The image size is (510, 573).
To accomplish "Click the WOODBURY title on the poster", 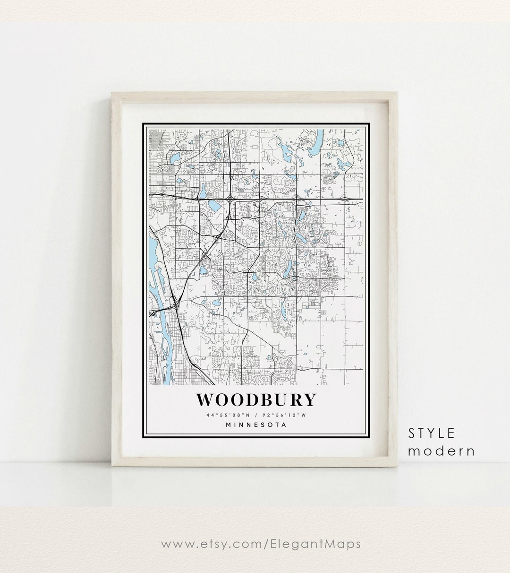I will tap(255, 400).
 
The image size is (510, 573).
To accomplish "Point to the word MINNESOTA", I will tap(256, 425).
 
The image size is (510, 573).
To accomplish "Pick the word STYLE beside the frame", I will tap(432, 433).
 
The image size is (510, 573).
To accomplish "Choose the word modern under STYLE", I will tap(441, 451).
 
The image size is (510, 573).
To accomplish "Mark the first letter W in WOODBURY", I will tap(204, 400).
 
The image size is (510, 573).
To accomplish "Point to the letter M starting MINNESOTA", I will tap(229, 425).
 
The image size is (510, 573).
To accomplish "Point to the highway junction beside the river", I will tap(175, 303).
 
